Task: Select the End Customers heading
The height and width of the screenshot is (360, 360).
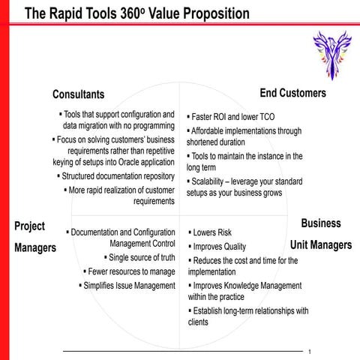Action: (292, 93)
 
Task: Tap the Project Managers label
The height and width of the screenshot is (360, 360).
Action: (34, 237)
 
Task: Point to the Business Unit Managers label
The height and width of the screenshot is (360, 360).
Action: (321, 234)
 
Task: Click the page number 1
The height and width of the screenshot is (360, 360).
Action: (309, 350)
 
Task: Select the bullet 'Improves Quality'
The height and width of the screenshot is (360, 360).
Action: (219, 247)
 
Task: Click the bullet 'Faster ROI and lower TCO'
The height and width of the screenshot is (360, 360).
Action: (233, 118)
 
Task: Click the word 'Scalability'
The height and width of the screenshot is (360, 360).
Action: (212, 181)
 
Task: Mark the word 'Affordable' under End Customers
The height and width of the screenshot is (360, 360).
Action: (212, 130)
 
